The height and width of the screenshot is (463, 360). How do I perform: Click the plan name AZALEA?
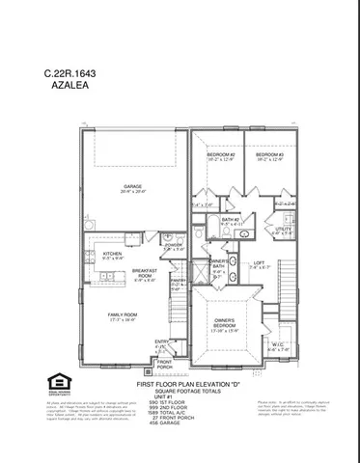[x=67, y=85]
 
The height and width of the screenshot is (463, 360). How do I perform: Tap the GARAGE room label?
[x=133, y=187]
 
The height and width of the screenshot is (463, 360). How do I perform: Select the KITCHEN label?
[x=113, y=256]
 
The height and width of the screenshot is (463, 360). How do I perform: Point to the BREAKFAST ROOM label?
[x=145, y=275]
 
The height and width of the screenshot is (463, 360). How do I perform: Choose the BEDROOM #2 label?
[x=221, y=156]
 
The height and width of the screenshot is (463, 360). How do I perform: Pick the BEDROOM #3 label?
[x=269, y=156]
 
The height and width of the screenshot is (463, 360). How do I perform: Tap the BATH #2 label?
[x=231, y=221]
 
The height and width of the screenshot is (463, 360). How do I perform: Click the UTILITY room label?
[x=282, y=231]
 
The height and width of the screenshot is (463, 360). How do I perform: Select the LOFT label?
[x=259, y=265]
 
